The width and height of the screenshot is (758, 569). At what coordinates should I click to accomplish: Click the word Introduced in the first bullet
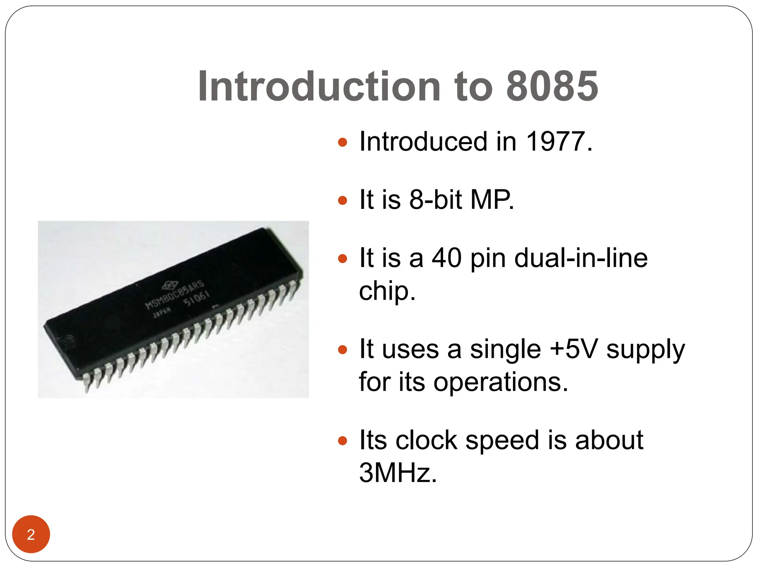(x=423, y=142)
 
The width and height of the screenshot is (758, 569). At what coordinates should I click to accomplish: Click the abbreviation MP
(x=492, y=200)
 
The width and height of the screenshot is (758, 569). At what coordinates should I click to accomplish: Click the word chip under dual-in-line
(x=387, y=291)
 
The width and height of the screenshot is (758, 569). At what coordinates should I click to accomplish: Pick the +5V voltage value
(x=573, y=349)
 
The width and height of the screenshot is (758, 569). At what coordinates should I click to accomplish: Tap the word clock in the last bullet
(x=426, y=440)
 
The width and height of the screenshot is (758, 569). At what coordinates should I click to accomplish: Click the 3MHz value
(x=398, y=473)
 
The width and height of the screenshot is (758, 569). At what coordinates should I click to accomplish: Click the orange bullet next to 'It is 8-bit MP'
(x=343, y=200)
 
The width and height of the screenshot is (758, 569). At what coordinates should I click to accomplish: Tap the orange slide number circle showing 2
(x=31, y=534)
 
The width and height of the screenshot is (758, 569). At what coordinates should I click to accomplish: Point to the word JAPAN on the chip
(x=162, y=312)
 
